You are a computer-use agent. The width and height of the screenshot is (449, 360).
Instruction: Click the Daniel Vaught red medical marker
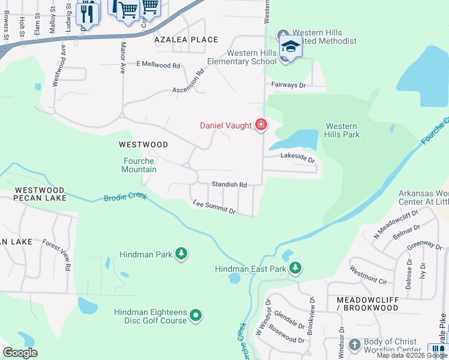point(261,125)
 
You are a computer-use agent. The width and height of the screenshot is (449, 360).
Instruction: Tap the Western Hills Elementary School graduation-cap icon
point(290,46)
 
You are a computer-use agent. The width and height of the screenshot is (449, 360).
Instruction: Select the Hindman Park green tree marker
point(181,254)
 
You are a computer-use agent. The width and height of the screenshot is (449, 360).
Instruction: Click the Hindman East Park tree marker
point(295,268)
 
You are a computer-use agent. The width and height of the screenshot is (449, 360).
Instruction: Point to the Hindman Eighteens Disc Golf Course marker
point(195,315)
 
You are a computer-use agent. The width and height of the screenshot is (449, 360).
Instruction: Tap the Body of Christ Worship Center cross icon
point(355,345)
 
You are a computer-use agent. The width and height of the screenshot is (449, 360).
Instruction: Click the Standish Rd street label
point(229,185)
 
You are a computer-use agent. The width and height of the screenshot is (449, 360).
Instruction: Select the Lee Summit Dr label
point(214,207)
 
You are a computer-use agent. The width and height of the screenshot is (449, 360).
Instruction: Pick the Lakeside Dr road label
point(298,157)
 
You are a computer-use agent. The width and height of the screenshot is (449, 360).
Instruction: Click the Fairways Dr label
point(289,85)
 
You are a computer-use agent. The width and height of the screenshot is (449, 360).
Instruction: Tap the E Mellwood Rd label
point(158,64)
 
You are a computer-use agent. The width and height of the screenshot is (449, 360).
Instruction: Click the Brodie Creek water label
point(125,197)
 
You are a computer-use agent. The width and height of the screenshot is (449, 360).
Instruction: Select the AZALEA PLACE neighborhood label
point(185,40)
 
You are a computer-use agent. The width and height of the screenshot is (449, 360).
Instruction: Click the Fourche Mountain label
point(140,165)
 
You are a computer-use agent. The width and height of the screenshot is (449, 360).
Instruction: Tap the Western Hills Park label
point(342,130)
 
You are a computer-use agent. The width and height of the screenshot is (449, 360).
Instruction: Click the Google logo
point(20,353)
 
